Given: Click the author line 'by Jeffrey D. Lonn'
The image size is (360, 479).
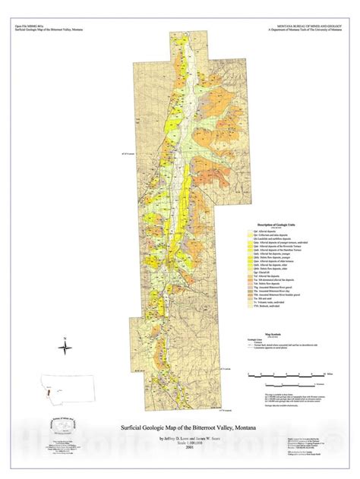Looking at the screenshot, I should [x=156, y=436].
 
